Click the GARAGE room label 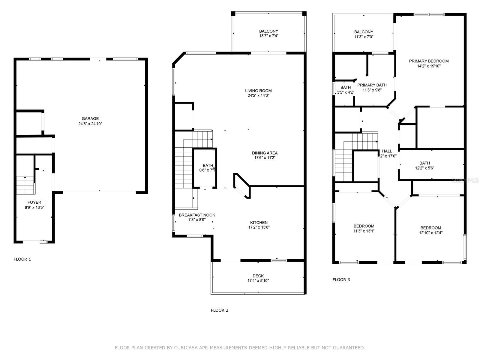point(90,118)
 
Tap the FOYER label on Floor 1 point(34,202)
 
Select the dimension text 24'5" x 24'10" point(90,124)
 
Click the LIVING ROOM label point(258,91)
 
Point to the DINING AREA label point(265,153)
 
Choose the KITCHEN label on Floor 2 point(259,223)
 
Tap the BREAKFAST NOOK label point(197,215)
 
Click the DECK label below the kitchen point(258,276)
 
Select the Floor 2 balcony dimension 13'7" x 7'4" point(268,36)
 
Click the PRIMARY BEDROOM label point(429,61)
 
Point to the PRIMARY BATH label point(372,85)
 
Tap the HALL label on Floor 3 point(387,151)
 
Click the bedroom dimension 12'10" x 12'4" point(430,233)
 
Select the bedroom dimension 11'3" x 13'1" point(364,231)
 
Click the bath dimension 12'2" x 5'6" point(424,168)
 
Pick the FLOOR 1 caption point(22,259)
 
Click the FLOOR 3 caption point(341,280)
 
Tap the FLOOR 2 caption point(219,310)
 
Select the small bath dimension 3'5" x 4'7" point(346,92)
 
